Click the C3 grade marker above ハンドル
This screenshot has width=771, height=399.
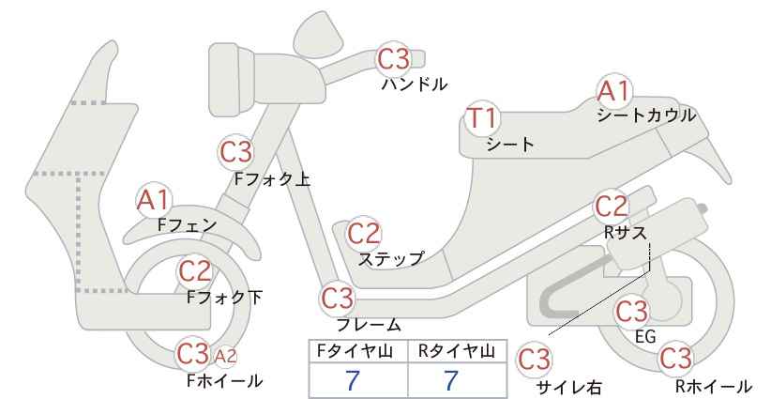tap(393, 58)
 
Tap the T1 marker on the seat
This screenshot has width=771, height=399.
tap(482, 118)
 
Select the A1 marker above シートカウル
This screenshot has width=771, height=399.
tap(614, 91)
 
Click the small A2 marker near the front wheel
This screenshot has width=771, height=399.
tap(226, 356)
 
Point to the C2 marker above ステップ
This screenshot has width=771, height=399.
tap(364, 233)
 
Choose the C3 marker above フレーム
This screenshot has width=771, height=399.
tap(338, 298)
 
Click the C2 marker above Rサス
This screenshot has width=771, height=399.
tap(612, 207)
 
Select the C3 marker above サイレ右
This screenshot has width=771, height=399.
tap(534, 360)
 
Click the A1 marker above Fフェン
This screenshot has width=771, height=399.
tap(154, 201)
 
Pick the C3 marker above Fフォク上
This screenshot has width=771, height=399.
tap(236, 152)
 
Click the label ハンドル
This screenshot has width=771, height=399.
tap(415, 84)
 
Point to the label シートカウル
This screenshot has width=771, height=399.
tap(646, 115)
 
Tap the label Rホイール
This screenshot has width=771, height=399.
tap(713, 386)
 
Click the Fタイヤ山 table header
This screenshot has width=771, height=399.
tap(355, 351)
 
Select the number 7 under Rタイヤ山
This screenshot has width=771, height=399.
tap(451, 380)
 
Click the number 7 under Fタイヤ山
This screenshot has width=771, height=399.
tap(353, 380)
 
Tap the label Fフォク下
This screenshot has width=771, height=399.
tap(225, 298)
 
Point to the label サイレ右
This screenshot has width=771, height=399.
tap(569, 388)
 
